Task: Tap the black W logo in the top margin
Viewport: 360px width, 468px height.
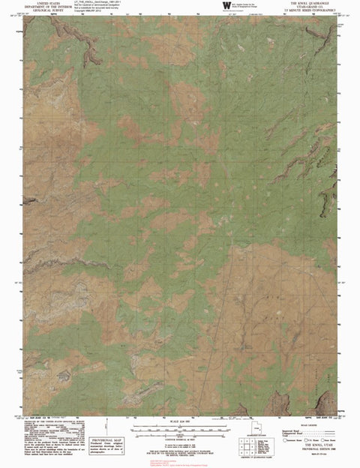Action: (225, 5)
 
